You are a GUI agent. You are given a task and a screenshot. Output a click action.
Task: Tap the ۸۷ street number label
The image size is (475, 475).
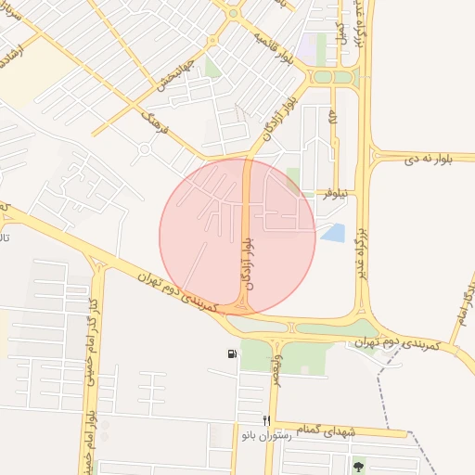(333, 122)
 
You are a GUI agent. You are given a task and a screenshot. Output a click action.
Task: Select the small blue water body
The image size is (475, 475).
(332, 233)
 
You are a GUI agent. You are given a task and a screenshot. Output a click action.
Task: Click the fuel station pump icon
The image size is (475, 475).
(230, 353)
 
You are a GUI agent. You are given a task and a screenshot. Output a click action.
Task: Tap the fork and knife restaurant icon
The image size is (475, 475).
(267, 420)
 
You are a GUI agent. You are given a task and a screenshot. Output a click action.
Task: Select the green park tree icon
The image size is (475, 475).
(359, 465)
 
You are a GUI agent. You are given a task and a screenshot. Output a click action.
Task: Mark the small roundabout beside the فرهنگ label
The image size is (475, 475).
(144, 149)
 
